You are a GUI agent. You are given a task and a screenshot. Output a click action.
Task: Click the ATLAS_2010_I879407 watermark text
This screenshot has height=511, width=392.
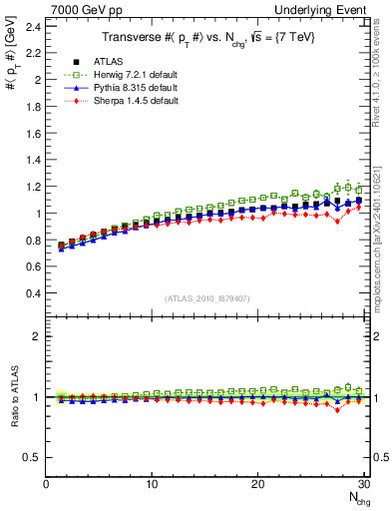pos(207,298)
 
